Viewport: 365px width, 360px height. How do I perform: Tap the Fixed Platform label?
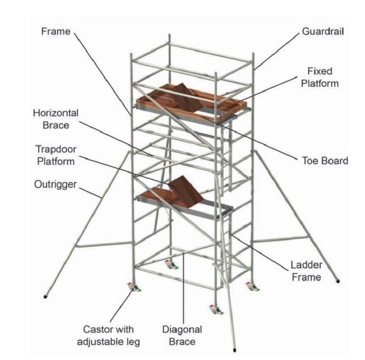(320, 77)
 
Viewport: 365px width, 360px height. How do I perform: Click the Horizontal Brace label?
(56, 118)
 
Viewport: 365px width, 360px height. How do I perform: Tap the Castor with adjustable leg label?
(109, 336)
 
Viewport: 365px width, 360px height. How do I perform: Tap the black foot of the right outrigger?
(338, 282)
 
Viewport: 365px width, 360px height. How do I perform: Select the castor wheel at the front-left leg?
(134, 289)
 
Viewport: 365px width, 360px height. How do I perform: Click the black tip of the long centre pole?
(234, 350)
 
